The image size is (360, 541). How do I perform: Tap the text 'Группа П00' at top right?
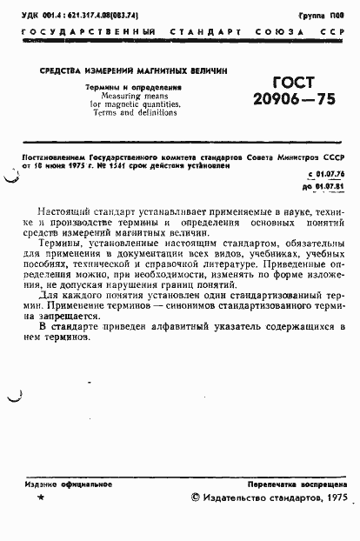click(321, 16)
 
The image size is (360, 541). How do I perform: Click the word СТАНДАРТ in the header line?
click(211, 32)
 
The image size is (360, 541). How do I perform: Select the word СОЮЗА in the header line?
click(272, 32)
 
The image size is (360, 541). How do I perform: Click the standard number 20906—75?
click(293, 100)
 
